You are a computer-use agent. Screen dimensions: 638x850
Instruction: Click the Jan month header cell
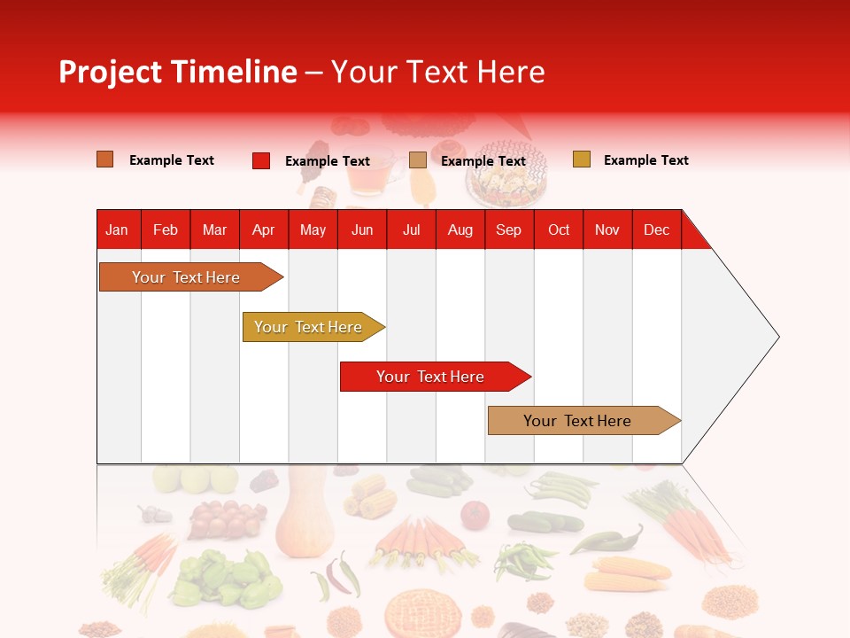pyautogui.click(x=117, y=230)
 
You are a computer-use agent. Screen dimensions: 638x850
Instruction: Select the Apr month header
pyautogui.click(x=263, y=230)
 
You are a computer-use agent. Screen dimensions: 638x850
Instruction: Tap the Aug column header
pyautogui.click(x=460, y=230)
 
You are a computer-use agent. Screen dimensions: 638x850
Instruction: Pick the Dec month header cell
pyautogui.click(x=656, y=230)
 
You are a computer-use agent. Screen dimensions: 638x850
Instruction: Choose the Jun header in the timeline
pyautogui.click(x=361, y=230)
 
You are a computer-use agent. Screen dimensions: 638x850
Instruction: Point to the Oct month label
pyautogui.click(x=558, y=230)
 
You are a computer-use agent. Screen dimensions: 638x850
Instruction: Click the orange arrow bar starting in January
pyautogui.click(x=186, y=277)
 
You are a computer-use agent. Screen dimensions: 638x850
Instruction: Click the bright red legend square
pyautogui.click(x=260, y=160)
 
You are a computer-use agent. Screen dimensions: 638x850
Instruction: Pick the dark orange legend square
pyautogui.click(x=104, y=159)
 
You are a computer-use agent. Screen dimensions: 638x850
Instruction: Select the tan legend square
pyautogui.click(x=417, y=160)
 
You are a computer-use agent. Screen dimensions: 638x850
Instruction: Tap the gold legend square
pyautogui.click(x=581, y=159)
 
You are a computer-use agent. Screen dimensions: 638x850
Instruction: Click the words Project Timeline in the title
pyautogui.click(x=177, y=72)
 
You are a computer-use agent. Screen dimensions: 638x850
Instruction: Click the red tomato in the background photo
pyautogui.click(x=475, y=515)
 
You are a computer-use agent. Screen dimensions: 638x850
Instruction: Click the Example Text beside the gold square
pyautogui.click(x=645, y=160)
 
